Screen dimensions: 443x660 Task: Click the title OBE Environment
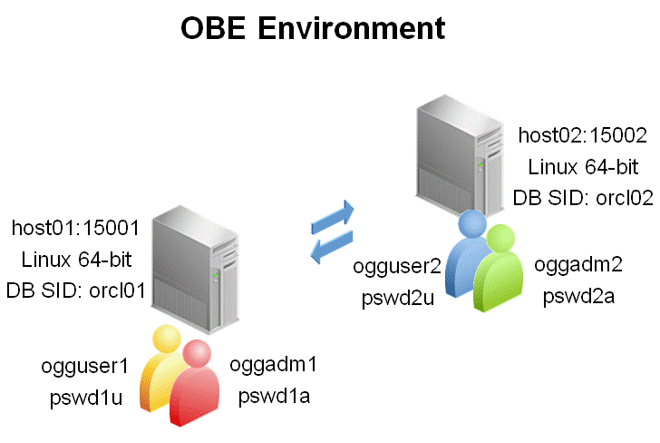(x=313, y=28)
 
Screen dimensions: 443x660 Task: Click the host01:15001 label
(x=76, y=229)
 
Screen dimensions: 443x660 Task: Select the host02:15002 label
(x=582, y=136)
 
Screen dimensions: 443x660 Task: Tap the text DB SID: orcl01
(x=76, y=290)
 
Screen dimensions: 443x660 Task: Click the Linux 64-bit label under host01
(x=76, y=260)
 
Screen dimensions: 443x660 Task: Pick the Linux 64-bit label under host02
(x=583, y=167)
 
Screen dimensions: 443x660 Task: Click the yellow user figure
(x=163, y=368)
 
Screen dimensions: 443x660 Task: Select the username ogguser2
(x=397, y=266)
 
